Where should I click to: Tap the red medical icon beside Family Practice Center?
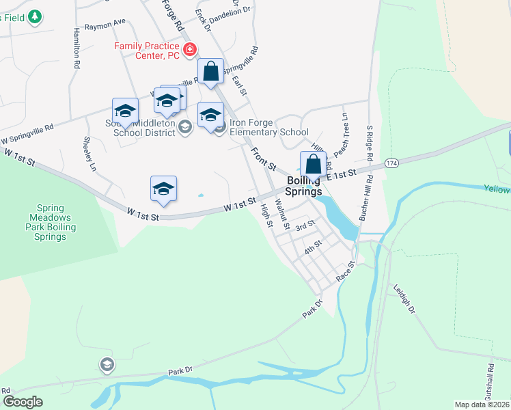click(189, 49)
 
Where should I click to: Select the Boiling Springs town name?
click(305, 186)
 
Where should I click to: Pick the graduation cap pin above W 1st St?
click(164, 189)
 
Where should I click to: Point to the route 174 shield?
click(391, 163)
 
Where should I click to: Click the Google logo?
click(23, 402)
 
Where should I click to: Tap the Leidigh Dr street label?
click(405, 300)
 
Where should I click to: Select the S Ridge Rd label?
click(369, 141)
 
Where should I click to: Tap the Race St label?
click(346, 271)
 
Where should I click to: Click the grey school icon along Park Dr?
click(107, 364)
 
